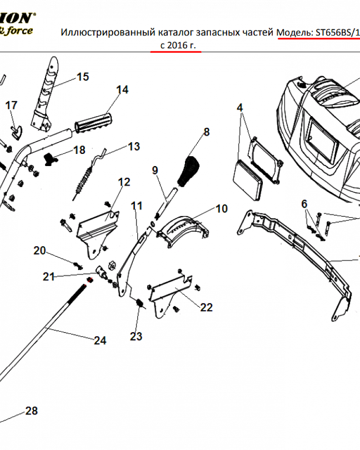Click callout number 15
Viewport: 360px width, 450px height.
tap(83, 77)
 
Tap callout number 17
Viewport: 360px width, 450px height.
tap(11, 105)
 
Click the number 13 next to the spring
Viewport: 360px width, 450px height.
tap(134, 147)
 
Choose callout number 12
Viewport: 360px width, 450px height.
tap(124, 182)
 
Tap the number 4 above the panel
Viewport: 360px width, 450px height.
tap(240, 108)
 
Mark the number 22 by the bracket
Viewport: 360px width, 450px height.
tap(206, 307)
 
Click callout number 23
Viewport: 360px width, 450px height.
tap(136, 336)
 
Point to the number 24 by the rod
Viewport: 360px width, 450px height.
tap(100, 341)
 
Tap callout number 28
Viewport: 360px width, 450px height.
tap(31, 411)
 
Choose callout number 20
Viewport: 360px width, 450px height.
tap(40, 251)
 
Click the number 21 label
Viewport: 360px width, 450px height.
tap(49, 277)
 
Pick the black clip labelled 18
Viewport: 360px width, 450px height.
tap(50, 157)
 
